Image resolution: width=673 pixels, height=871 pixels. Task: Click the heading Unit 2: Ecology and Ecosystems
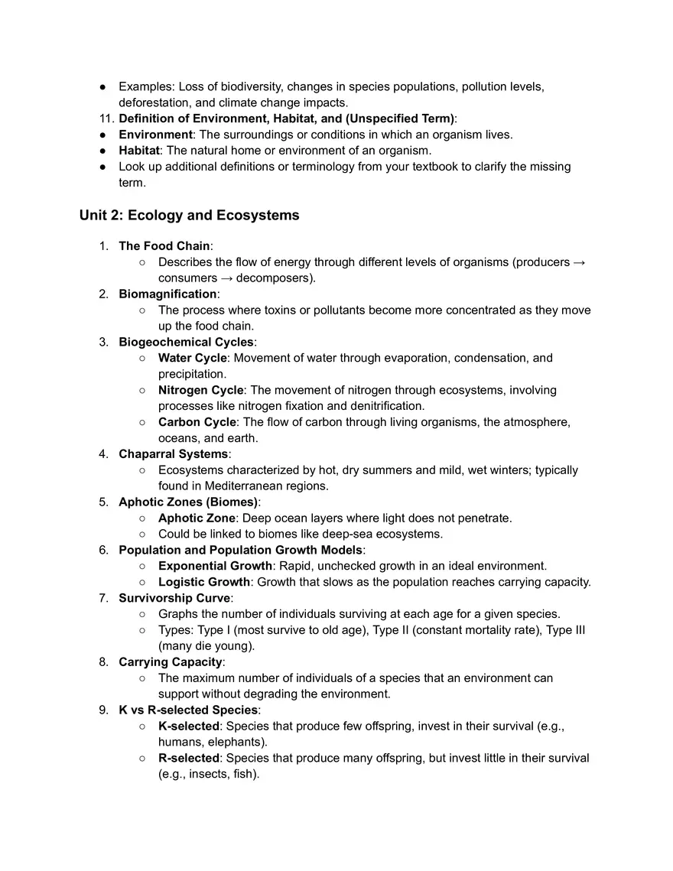click(189, 216)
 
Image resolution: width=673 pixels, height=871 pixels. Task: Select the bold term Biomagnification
click(167, 294)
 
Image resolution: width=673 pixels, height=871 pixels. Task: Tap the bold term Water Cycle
click(192, 358)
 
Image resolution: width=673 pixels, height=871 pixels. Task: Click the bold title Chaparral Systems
click(173, 454)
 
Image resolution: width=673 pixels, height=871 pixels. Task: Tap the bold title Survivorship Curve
click(174, 598)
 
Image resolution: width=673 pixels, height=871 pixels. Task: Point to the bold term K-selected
click(188, 726)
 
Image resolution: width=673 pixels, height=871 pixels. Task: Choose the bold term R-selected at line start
click(189, 758)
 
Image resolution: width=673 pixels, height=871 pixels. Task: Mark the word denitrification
click(386, 406)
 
